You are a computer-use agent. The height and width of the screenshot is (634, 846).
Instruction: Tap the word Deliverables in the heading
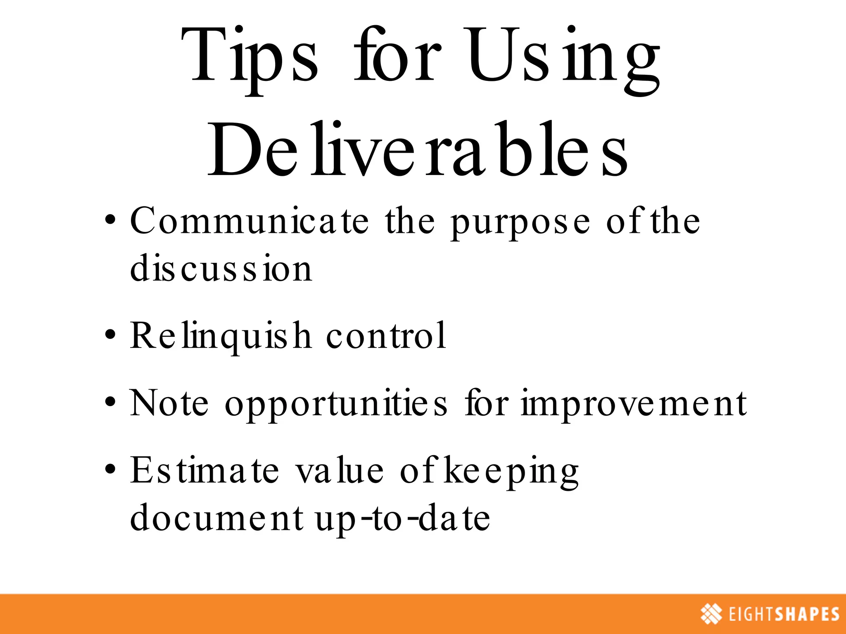point(417,151)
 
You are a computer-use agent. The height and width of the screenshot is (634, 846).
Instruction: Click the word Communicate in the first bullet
point(249,222)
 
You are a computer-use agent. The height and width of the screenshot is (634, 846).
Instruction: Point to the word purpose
point(520,223)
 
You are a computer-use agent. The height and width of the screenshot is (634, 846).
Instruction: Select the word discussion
point(221,269)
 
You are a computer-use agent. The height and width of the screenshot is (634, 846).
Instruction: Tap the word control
point(386,336)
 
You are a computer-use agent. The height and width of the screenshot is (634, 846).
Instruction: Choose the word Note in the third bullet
point(169,403)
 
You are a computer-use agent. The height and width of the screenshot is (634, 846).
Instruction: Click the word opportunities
point(335,405)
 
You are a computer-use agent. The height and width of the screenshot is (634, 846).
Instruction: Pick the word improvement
point(634,405)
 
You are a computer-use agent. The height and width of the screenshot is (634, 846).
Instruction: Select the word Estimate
point(204,471)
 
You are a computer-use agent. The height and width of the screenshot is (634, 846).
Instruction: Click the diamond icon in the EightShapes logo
point(711,614)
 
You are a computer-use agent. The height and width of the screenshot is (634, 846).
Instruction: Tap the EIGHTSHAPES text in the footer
point(784,614)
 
